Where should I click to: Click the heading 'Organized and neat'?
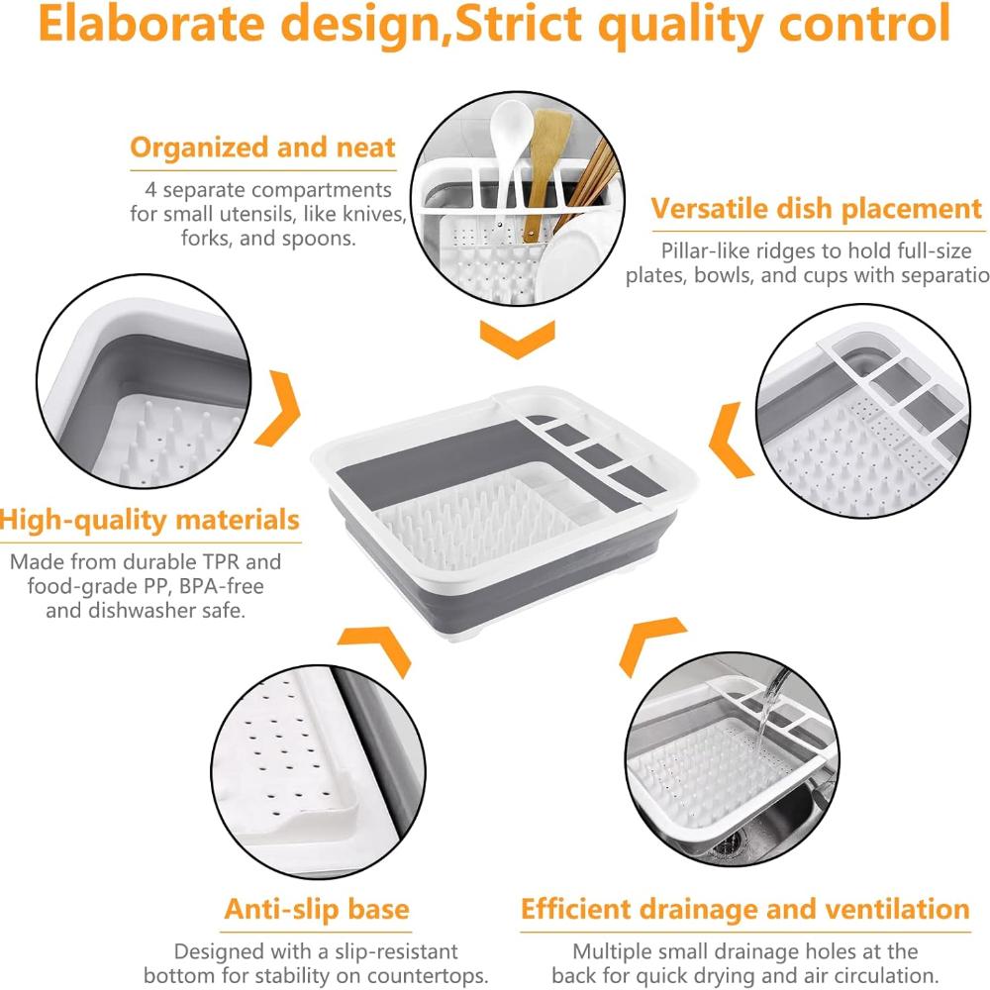[x=262, y=148]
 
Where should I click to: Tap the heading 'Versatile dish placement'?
[x=817, y=208]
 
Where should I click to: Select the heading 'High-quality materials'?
[x=149, y=521]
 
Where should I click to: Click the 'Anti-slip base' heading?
[x=317, y=909]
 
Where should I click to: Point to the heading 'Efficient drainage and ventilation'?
[x=745, y=909]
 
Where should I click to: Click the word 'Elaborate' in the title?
[x=151, y=24]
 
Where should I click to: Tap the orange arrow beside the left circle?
[x=278, y=409]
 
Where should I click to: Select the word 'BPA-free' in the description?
[x=221, y=586]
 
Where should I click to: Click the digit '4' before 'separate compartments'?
[x=150, y=190]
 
